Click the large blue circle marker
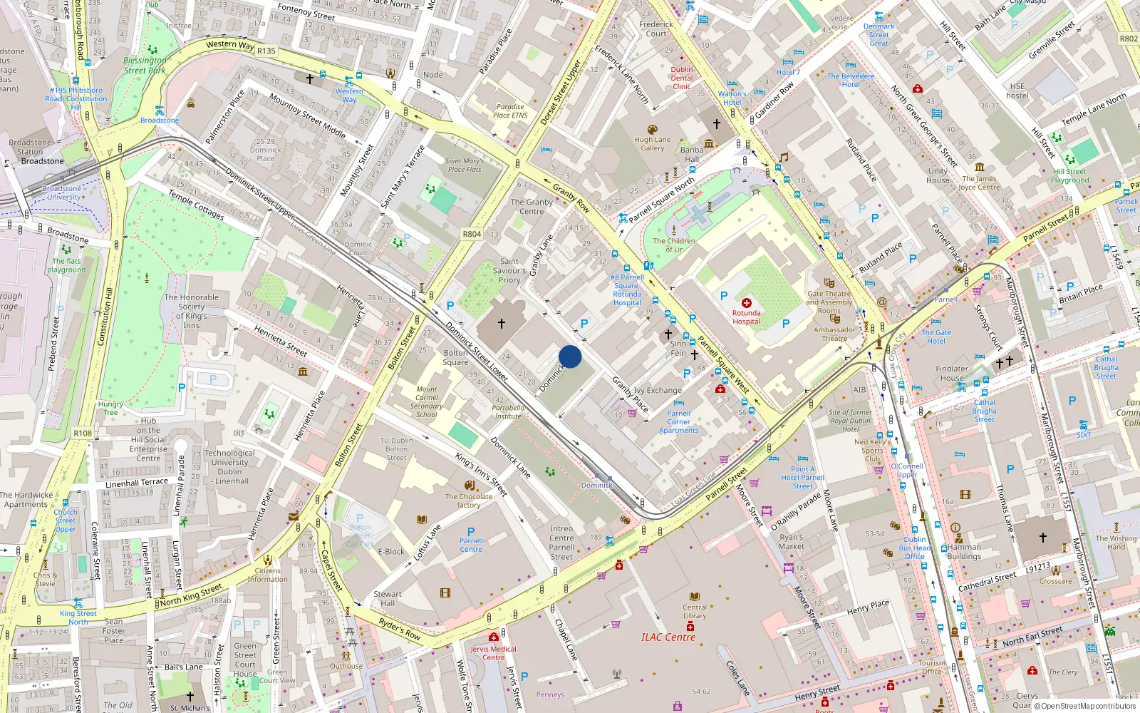[570, 356]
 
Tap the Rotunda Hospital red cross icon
[746, 303]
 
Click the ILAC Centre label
[668, 637]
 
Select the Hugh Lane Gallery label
[652, 144]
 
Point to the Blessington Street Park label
[145, 66]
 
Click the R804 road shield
[472, 234]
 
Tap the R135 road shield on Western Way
[266, 51]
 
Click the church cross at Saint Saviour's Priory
[502, 324]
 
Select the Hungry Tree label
[110, 408]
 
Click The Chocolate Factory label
[468, 501]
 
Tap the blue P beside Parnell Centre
[471, 532]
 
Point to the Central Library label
[695, 611]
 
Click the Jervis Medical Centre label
[493, 653]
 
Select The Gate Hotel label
[936, 337]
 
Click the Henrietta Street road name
[281, 341]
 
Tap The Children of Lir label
[674, 245]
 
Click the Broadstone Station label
[30, 147]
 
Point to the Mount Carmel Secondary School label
[426, 401]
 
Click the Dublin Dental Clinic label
[681, 78]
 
